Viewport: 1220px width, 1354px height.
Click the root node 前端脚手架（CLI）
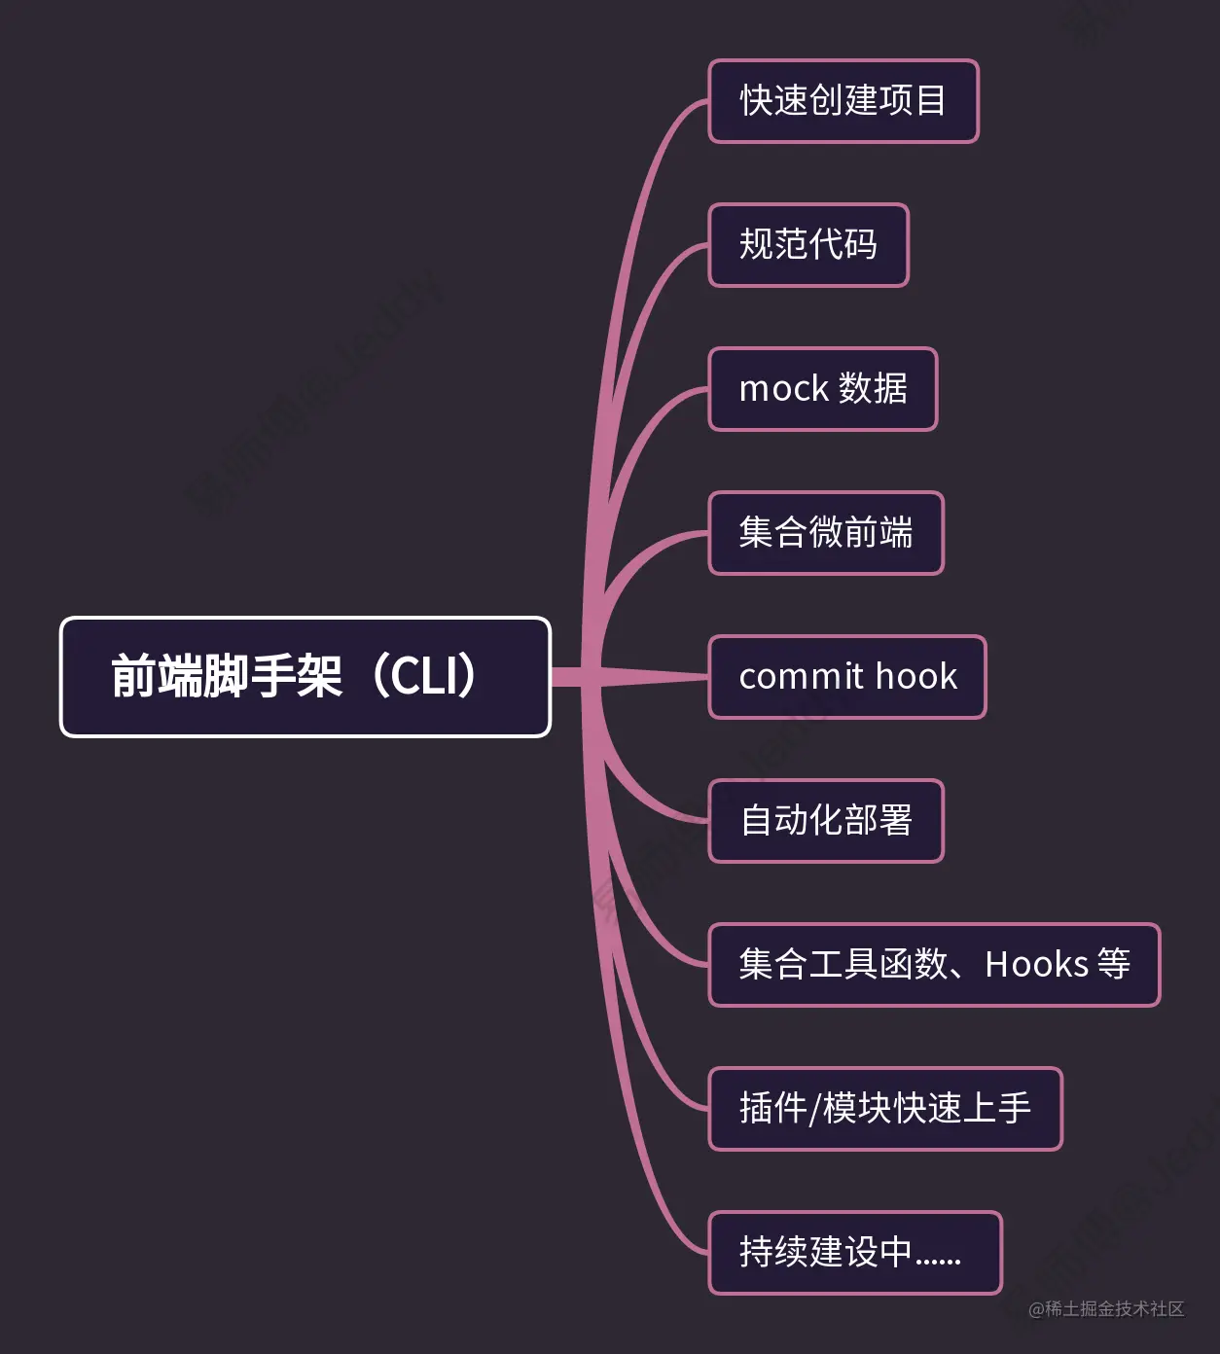(305, 677)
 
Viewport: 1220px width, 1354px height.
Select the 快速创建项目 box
(843, 101)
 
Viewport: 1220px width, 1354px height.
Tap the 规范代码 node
(808, 245)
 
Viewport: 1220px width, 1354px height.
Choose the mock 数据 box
(823, 389)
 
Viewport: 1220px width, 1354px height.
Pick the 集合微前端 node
(826, 533)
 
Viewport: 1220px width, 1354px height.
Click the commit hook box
(847, 677)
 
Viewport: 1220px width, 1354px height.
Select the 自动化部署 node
(826, 821)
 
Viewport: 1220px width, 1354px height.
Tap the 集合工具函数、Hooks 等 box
(934, 965)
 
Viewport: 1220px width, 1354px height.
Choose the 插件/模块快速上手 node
(885, 1109)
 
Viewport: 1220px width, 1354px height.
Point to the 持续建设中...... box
(855, 1253)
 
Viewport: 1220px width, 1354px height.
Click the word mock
(783, 389)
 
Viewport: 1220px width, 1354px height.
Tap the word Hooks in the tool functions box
(1036, 965)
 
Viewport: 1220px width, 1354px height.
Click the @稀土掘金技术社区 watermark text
(1106, 1309)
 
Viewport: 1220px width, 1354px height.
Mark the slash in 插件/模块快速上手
(815, 1109)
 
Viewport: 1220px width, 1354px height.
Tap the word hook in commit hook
(915, 676)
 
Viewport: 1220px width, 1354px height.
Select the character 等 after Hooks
(1114, 965)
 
